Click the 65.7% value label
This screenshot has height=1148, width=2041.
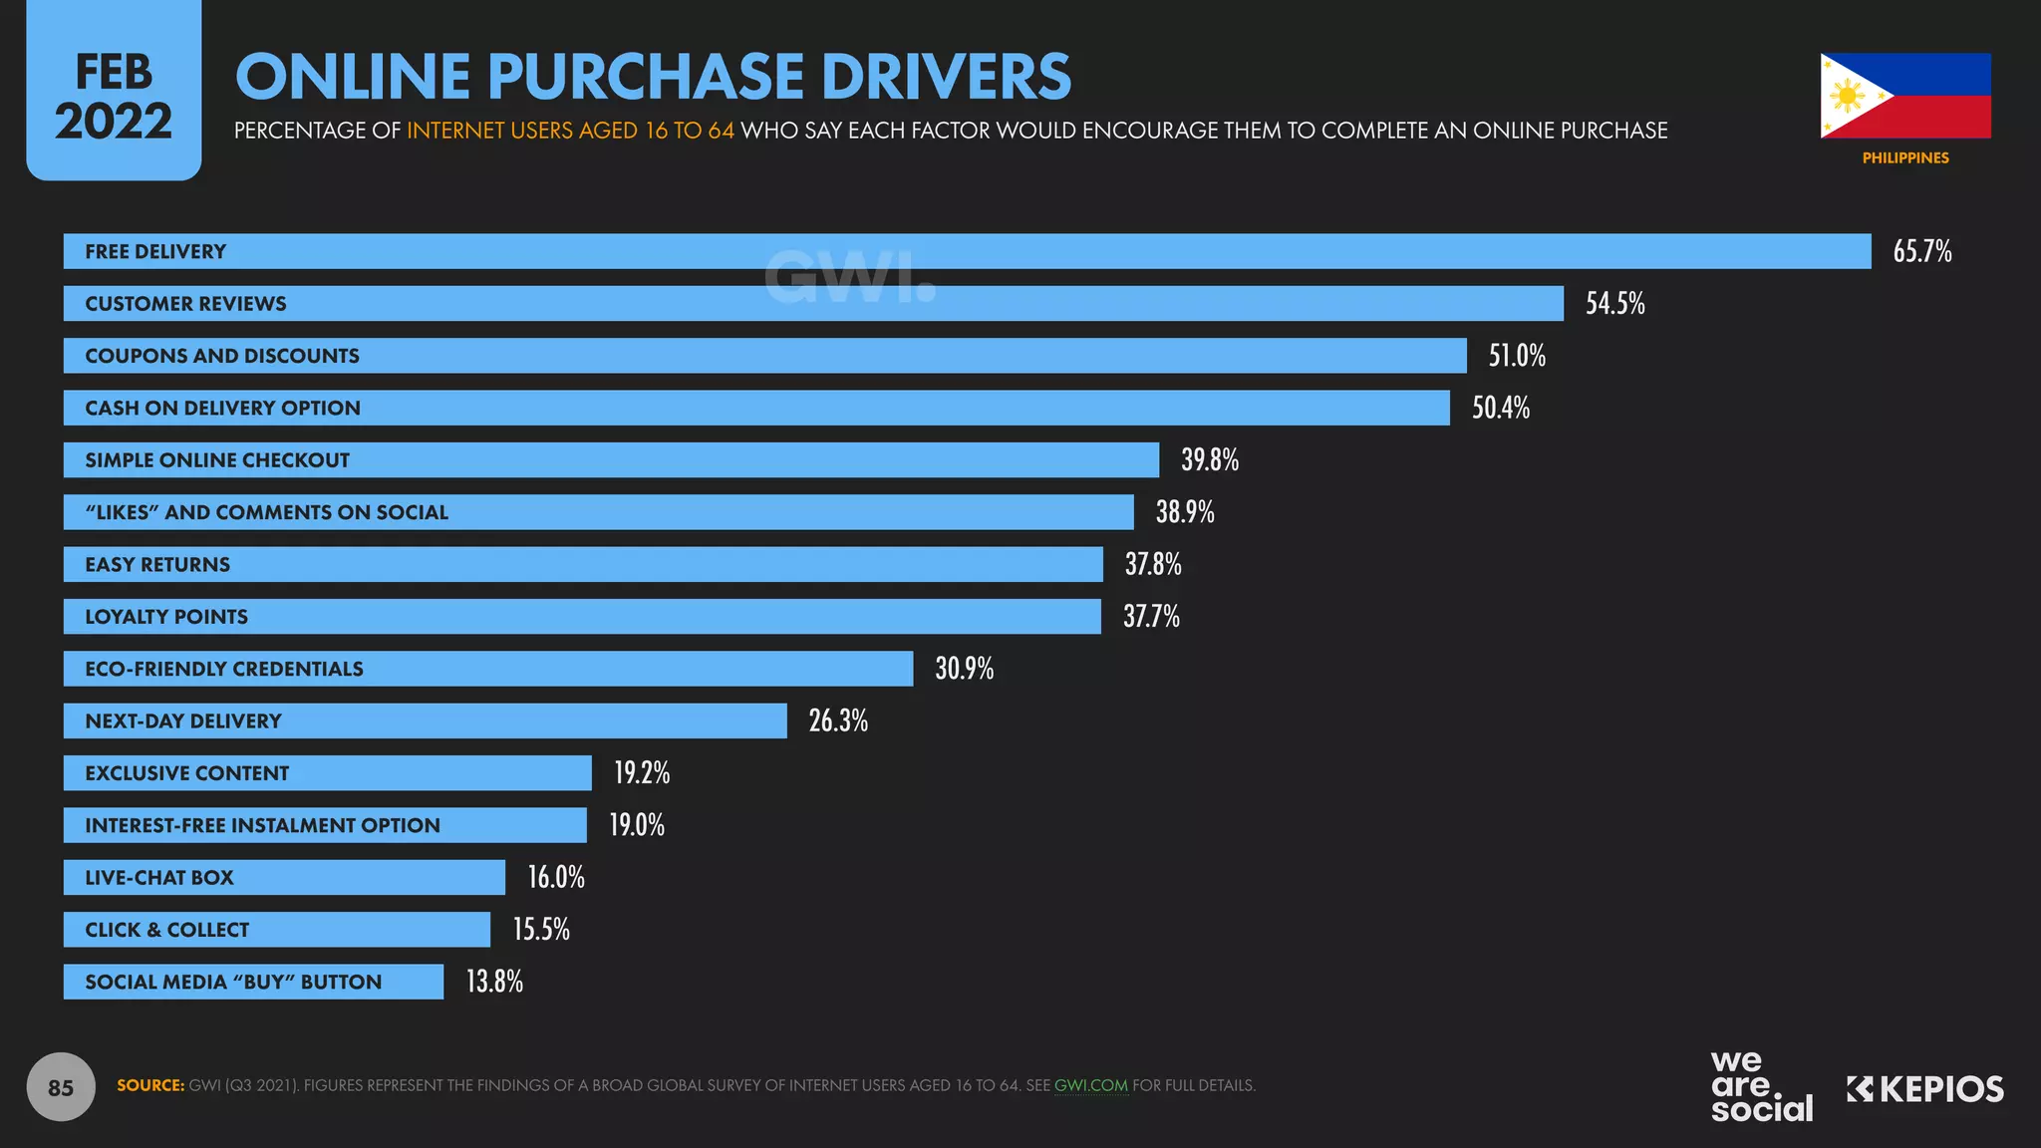tap(1921, 251)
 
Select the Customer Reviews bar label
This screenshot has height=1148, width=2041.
tap(185, 304)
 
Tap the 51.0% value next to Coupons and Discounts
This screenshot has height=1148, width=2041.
tap(1517, 356)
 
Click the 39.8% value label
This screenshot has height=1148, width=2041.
tap(1209, 459)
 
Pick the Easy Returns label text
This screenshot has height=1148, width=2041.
tap(157, 565)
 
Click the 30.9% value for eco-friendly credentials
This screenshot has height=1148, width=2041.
tap(964, 669)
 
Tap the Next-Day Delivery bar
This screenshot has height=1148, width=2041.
tap(498, 720)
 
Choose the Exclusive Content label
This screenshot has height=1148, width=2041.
tap(186, 773)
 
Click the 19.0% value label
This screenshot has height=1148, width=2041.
tap(636, 825)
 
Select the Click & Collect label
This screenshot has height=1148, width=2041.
tap(166, 930)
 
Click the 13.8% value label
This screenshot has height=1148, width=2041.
tap(494, 982)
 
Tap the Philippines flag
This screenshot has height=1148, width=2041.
tap(1904, 96)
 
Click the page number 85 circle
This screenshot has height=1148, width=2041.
tap(61, 1087)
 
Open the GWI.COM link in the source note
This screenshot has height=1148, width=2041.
tap(1090, 1085)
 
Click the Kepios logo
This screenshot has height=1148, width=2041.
tap(1924, 1089)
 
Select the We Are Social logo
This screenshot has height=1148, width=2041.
tap(1761, 1086)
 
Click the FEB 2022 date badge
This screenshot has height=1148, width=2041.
tap(114, 96)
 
